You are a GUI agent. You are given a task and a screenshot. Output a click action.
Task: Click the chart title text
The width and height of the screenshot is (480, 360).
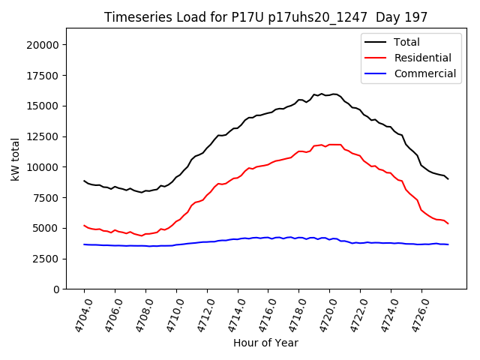[x=265, y=17]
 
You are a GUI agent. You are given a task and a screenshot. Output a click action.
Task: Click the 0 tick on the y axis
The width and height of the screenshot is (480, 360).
[x=57, y=289]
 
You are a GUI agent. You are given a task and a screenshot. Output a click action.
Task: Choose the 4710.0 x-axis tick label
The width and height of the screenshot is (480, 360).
[x=169, y=314]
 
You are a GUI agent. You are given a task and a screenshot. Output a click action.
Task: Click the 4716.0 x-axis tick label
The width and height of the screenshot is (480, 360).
[x=262, y=314]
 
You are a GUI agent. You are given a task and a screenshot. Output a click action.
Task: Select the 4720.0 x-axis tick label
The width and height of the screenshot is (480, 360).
[x=322, y=314]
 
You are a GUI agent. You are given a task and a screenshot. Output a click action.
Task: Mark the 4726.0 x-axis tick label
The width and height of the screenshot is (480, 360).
[x=415, y=314]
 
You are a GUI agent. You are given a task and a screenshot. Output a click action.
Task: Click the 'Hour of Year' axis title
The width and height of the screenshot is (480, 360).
[x=265, y=343]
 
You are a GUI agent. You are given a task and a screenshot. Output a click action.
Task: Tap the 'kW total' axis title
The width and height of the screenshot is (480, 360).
[x=15, y=159]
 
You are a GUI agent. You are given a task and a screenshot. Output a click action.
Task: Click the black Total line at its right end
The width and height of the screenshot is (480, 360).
[x=448, y=178]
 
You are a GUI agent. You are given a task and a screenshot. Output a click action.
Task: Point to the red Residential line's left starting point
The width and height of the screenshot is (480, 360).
[x=84, y=225]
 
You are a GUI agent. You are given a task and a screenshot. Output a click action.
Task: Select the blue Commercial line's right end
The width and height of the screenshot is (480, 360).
[x=448, y=244]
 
